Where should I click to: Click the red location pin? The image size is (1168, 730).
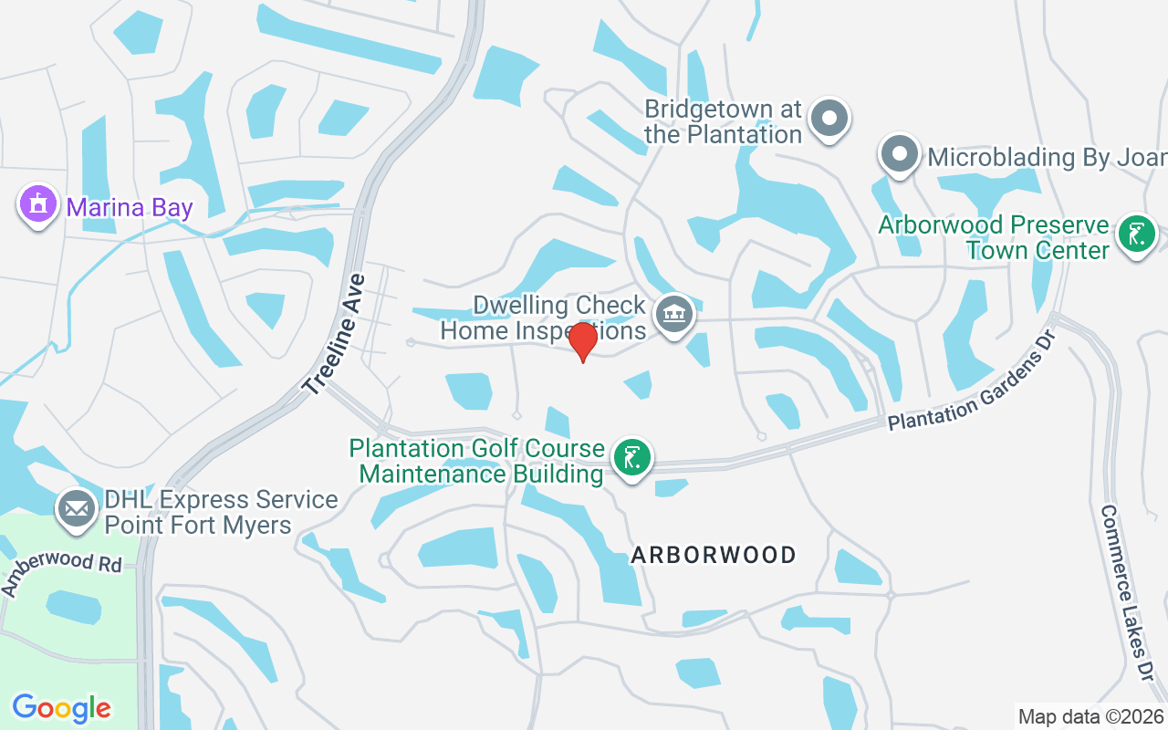(582, 340)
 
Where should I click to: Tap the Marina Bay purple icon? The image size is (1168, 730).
(37, 205)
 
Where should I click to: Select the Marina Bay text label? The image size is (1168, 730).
(130, 208)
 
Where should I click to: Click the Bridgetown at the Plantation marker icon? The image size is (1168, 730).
(830, 119)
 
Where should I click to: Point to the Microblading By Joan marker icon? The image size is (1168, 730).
(900, 154)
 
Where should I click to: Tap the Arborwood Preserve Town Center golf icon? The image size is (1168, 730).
(1136, 235)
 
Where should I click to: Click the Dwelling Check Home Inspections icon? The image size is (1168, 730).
(675, 315)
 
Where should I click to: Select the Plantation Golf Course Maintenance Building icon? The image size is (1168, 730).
(631, 456)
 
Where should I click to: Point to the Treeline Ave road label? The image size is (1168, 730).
(335, 334)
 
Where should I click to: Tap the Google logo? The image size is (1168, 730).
(61, 707)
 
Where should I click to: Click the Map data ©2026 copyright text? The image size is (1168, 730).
(1090, 716)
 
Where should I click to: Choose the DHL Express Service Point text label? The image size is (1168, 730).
(221, 512)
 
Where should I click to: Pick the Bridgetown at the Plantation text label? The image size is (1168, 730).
(723, 121)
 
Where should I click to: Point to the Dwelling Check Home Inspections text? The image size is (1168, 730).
(544, 318)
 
